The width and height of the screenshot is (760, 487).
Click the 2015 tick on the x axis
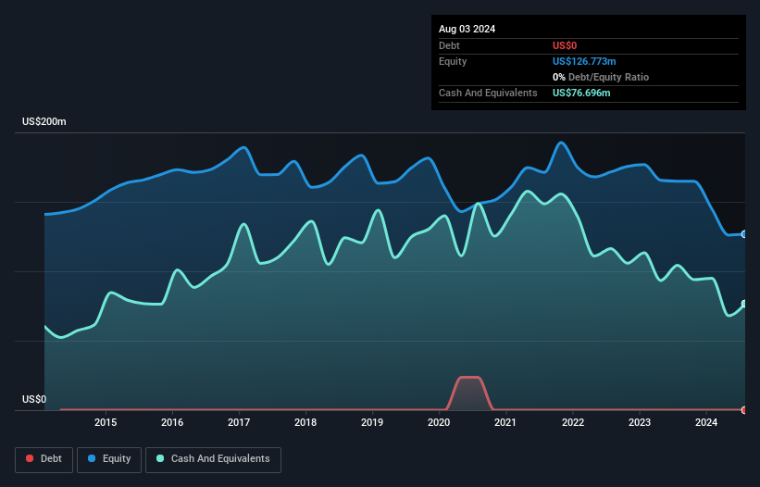coord(106,423)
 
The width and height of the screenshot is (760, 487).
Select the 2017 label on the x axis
coord(239,423)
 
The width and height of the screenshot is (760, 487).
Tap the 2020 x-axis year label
coord(439,423)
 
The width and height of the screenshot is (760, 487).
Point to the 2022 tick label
coord(573,423)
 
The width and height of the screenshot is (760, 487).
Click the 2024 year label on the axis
coord(706,423)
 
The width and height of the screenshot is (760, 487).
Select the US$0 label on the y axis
coord(34,400)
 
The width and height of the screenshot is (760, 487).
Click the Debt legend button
coord(43,459)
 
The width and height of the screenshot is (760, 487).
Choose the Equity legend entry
coord(109,459)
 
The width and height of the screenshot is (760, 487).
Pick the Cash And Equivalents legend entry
coord(213,459)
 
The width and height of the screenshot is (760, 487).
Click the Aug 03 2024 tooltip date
coord(467,29)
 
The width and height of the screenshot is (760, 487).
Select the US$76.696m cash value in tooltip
coord(581,93)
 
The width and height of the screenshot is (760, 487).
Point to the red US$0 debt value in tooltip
coord(566,45)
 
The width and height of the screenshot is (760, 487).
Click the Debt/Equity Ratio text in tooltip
coord(606,77)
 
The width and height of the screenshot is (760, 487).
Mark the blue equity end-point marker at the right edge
coord(743,234)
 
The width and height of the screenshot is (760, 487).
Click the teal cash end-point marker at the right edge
coord(743,304)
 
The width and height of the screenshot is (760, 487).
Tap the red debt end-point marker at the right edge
coord(743,410)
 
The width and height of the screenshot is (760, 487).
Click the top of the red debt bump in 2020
coord(469,378)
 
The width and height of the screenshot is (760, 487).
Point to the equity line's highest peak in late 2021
coord(561,143)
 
